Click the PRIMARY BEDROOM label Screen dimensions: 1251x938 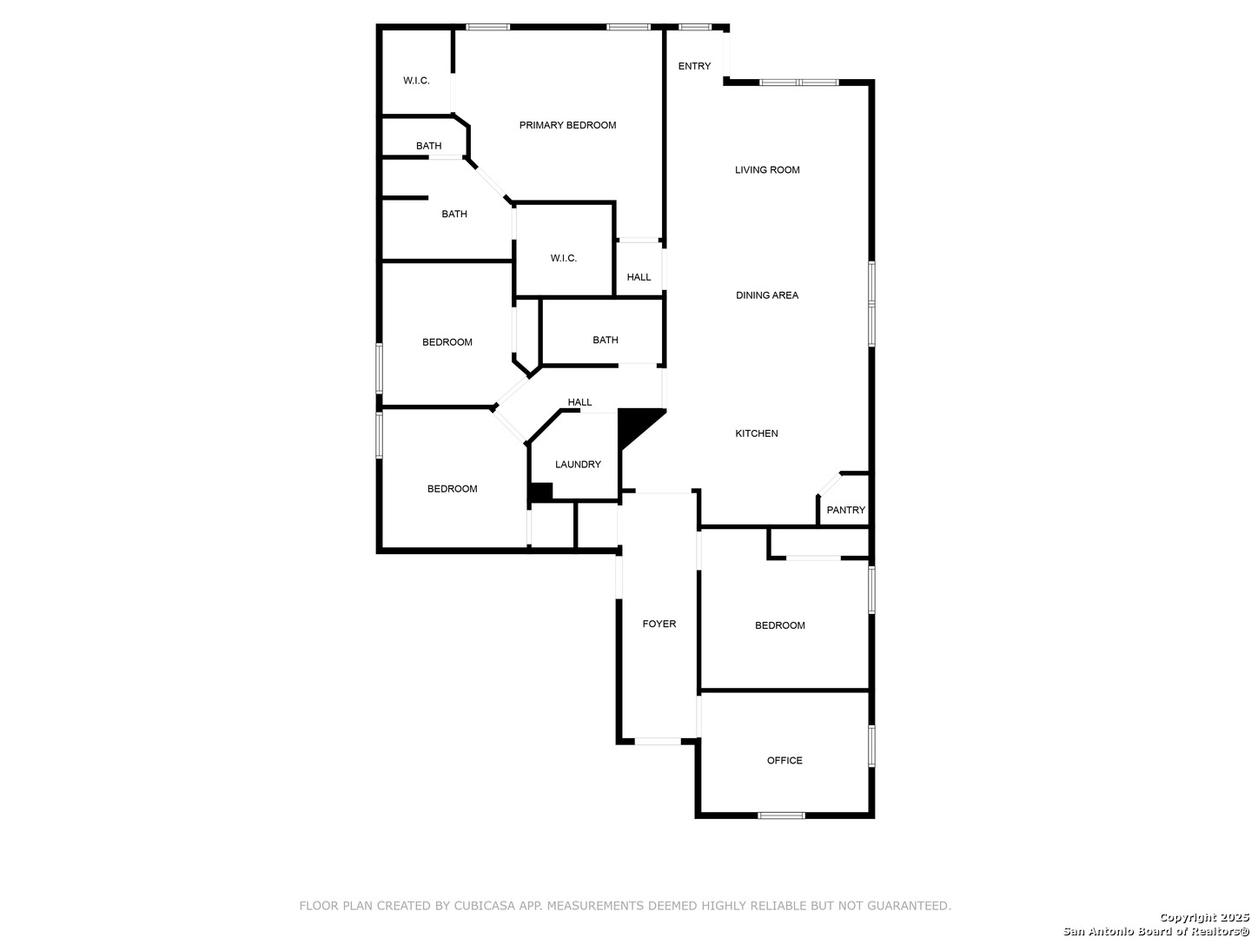tap(567, 125)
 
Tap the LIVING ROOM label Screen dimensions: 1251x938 tap(766, 169)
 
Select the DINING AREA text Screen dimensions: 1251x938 tap(766, 295)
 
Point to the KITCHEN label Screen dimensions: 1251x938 tap(757, 433)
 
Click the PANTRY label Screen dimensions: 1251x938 tap(846, 511)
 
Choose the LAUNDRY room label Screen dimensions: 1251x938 tap(578, 465)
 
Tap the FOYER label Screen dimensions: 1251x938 tap(659, 624)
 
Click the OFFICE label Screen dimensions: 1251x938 tap(784, 761)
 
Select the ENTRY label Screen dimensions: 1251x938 tap(694, 66)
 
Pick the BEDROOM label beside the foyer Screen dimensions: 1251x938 tap(779, 626)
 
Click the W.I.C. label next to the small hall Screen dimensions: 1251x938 tap(563, 259)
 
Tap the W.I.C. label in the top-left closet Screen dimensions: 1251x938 tap(416, 81)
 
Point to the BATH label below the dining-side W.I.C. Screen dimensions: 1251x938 tap(605, 340)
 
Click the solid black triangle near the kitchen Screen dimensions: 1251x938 tap(634, 425)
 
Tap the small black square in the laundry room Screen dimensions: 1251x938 tap(541, 492)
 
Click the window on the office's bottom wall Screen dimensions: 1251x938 tap(781, 816)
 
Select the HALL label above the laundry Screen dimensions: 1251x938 tap(579, 403)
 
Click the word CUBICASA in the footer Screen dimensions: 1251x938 tap(484, 906)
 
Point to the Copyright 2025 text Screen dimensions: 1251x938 tap(1204, 918)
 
